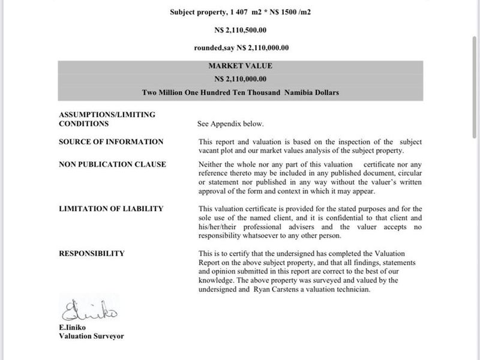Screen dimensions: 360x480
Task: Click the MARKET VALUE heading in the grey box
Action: (240, 66)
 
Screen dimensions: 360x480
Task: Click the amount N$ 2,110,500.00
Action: (240, 29)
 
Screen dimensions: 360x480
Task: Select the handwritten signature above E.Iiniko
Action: (90, 311)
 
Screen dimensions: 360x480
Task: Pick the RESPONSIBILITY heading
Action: (92, 253)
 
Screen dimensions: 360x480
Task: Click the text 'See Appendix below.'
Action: (230, 124)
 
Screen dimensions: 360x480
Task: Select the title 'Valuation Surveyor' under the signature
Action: (91, 337)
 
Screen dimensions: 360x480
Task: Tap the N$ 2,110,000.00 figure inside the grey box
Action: (240, 79)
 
